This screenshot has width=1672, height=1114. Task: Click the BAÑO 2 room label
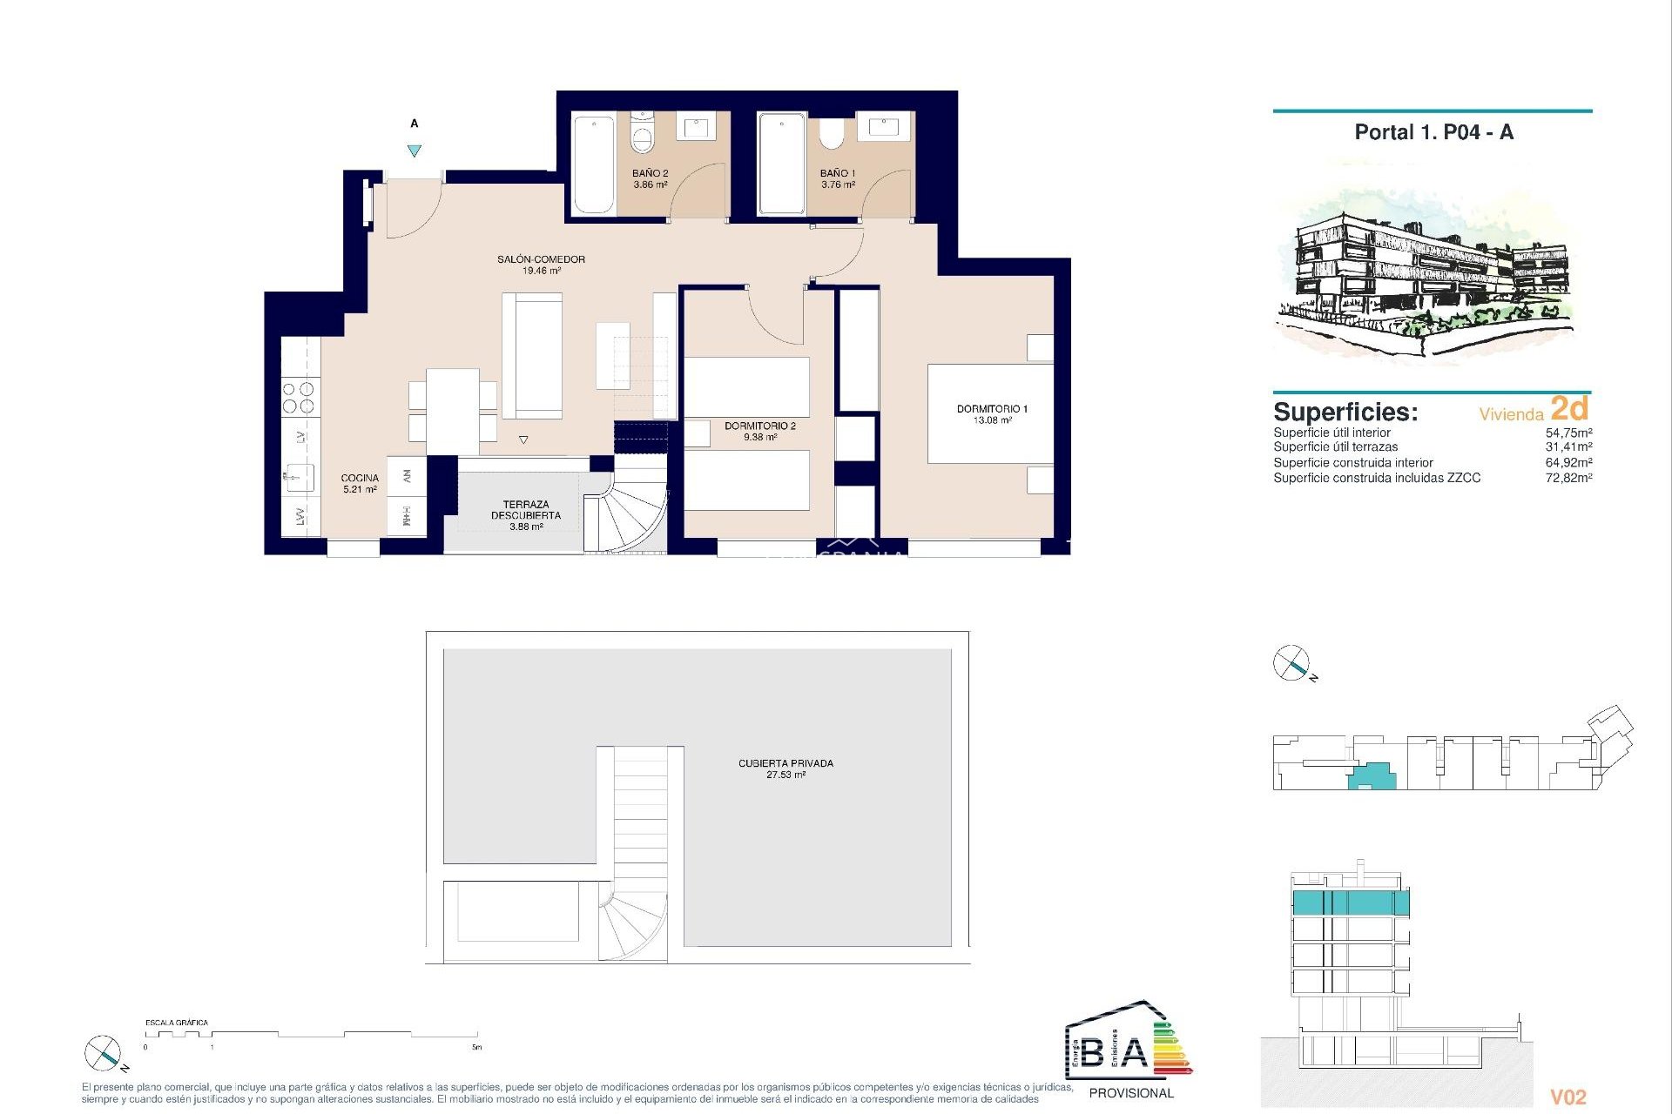coord(650,173)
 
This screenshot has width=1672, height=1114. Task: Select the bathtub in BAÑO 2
coord(594,164)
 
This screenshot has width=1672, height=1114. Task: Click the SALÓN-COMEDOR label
coord(541,259)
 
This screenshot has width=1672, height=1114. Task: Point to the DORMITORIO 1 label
coord(992,409)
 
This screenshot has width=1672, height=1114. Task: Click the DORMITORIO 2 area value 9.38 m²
coord(759,438)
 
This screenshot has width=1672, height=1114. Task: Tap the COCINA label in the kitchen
coord(360,478)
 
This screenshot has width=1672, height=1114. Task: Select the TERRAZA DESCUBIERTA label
coord(525,510)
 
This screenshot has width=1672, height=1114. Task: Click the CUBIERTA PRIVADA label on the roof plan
coord(785,763)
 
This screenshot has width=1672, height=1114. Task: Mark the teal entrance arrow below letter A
coord(415,151)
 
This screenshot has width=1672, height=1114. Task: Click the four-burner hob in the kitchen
coord(300,398)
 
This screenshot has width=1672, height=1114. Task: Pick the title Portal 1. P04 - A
coord(1433,132)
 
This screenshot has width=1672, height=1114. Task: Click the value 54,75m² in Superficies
coord(1568,433)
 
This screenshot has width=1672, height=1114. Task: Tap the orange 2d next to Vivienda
coord(1569,408)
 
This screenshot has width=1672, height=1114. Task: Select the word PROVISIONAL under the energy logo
coord(1131,1093)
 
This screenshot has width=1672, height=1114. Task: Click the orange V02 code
coord(1568,1097)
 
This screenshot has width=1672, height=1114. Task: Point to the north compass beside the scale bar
coord(103,1054)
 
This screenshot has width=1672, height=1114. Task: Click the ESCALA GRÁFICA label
coord(177,1023)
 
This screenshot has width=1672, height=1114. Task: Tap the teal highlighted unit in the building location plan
coord(1373,775)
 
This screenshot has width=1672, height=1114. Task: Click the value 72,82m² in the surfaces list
coord(1568,478)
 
